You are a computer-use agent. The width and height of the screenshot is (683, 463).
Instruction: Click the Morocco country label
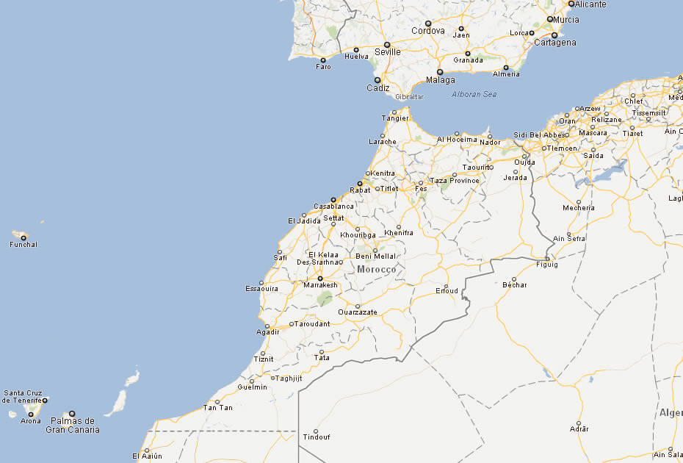click(x=376, y=270)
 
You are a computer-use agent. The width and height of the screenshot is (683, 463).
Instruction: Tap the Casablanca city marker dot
click(x=333, y=199)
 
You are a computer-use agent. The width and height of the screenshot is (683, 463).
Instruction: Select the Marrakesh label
click(x=320, y=285)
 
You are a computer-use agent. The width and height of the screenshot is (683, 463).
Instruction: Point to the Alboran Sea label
click(x=474, y=94)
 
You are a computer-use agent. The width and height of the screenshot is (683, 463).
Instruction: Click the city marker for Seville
click(x=387, y=45)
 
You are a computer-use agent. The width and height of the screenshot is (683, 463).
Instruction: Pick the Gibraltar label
click(x=409, y=97)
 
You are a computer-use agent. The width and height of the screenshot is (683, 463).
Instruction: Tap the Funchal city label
click(x=24, y=245)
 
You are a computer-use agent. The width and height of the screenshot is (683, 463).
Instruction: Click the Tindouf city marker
click(x=316, y=431)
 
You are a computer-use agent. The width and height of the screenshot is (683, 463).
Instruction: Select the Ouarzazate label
click(x=358, y=312)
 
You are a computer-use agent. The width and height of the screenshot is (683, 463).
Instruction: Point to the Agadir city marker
click(x=267, y=326)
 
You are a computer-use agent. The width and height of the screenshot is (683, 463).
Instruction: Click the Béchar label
click(x=514, y=285)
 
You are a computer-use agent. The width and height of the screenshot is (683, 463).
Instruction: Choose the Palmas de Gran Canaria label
click(x=72, y=425)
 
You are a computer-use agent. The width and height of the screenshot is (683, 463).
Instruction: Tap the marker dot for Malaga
click(x=440, y=72)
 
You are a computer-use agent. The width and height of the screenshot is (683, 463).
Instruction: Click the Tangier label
click(x=395, y=118)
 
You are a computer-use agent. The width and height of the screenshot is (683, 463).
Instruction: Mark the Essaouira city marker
click(x=260, y=281)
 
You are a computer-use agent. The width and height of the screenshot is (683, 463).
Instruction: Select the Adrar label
click(x=579, y=429)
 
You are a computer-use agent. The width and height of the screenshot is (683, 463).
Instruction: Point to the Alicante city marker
click(x=571, y=4)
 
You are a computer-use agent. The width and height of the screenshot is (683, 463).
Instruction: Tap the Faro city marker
click(x=323, y=60)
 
